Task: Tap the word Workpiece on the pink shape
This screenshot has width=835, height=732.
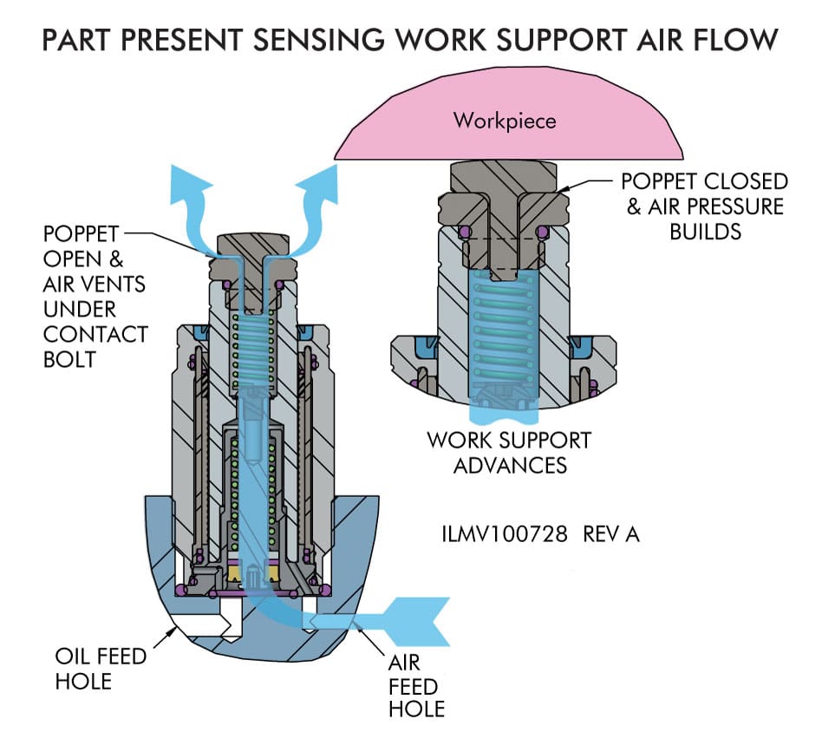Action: (x=504, y=120)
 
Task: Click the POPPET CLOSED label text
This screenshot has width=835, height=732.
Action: (x=704, y=182)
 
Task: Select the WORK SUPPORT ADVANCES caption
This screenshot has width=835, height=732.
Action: (x=508, y=452)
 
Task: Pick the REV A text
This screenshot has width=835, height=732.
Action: (x=611, y=533)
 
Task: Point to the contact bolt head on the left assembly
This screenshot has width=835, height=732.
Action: (x=251, y=245)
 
